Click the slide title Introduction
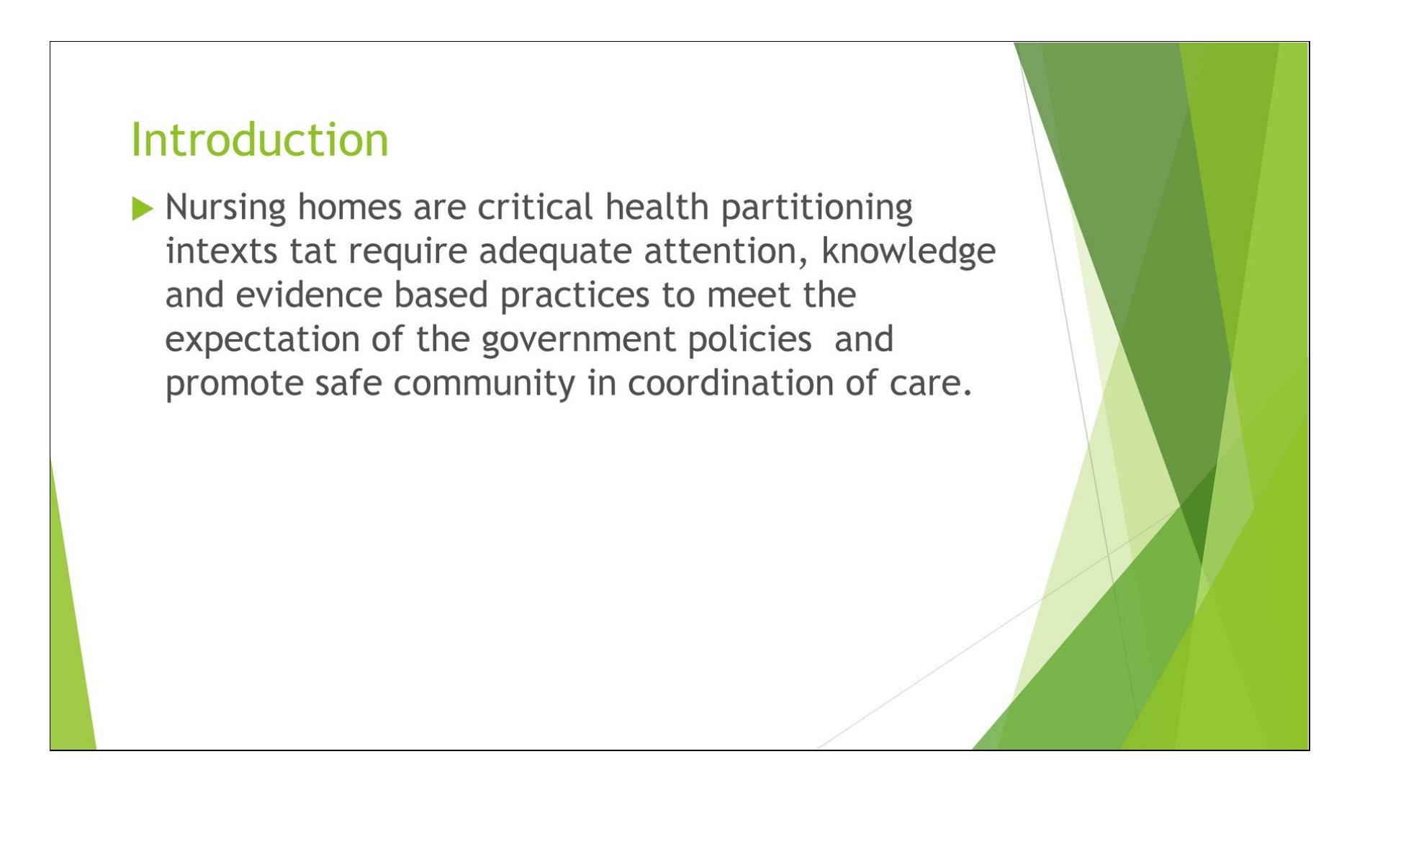point(259,139)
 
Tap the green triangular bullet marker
point(143,209)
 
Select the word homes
point(349,207)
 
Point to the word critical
point(535,207)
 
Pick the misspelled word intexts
point(221,251)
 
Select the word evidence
point(309,295)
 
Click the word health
point(657,207)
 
